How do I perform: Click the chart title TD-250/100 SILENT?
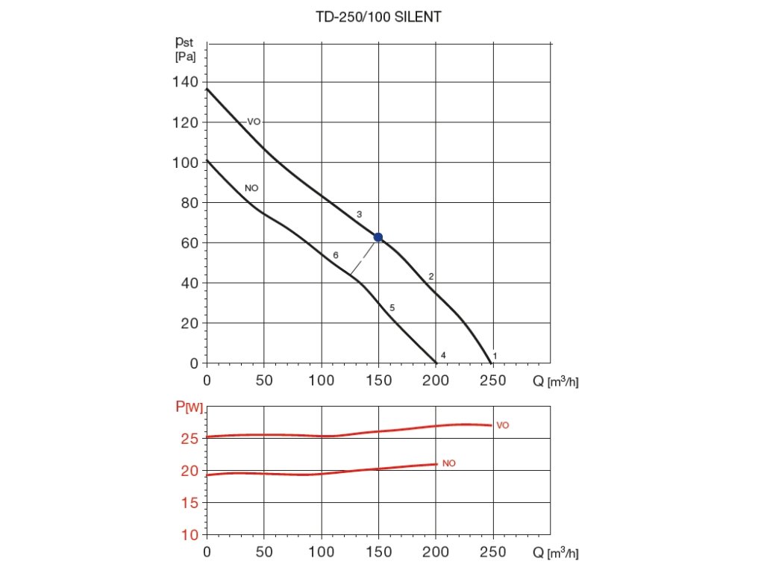[378, 16]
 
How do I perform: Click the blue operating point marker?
[378, 237]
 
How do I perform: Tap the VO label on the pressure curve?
[254, 122]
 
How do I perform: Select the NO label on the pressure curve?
[251, 188]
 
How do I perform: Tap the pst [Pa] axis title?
[185, 50]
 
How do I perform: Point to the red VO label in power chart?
[503, 425]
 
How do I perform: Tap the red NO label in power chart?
[448, 463]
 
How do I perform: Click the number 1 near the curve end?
[495, 356]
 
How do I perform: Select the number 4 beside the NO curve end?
[443, 355]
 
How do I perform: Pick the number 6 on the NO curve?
[336, 255]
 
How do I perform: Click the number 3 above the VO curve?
[359, 215]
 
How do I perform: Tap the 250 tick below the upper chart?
[492, 381]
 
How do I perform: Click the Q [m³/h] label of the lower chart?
[556, 554]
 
